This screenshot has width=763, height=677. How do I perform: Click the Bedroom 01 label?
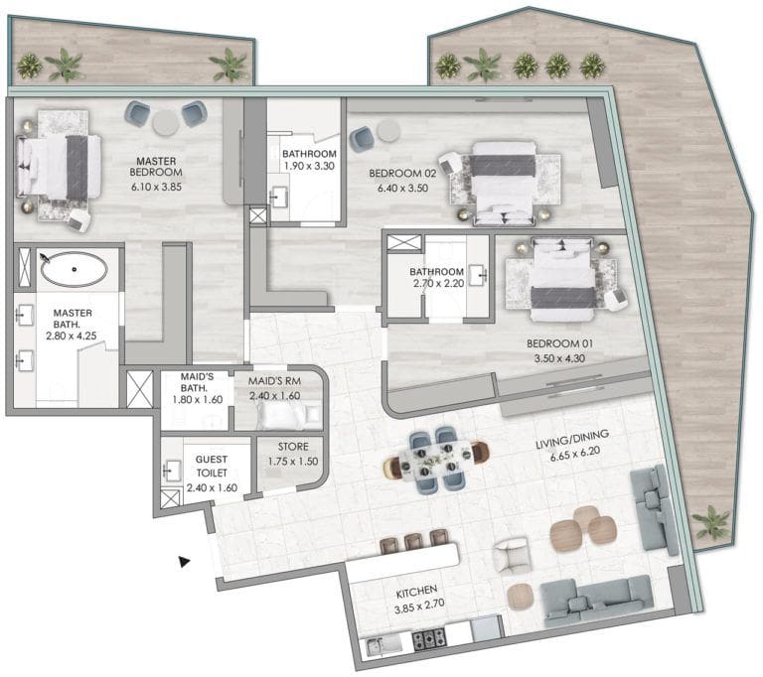[560, 345]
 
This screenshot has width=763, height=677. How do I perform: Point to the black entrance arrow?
[184, 562]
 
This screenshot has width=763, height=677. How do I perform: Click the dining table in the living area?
[434, 460]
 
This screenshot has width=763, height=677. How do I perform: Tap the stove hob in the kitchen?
[430, 640]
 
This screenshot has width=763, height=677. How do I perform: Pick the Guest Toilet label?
[211, 467]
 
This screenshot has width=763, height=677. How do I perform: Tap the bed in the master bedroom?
[60, 162]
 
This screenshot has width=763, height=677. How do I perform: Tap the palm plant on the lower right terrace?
[711, 522]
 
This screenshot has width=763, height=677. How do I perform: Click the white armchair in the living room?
[514, 555]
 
